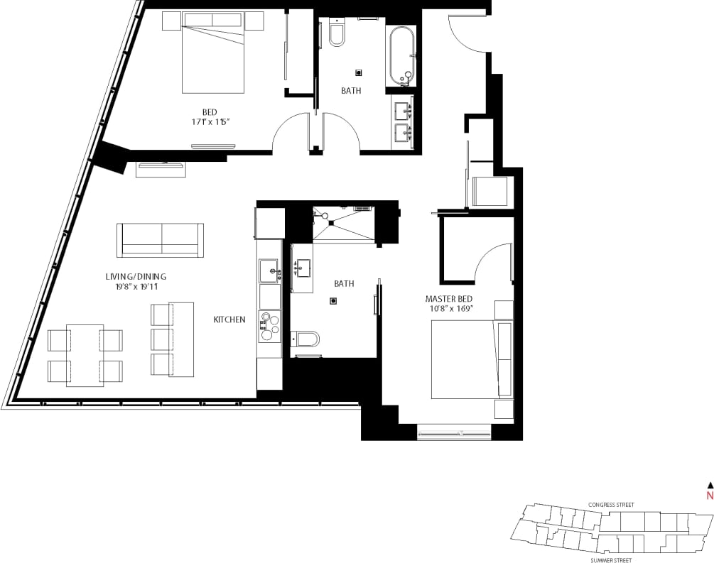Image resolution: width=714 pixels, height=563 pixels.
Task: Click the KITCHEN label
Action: [229, 319]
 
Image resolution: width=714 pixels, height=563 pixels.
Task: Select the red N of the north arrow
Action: [708, 496]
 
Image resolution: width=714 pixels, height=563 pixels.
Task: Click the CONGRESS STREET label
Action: [611, 505]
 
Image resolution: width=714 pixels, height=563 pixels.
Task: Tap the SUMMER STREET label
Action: [611, 560]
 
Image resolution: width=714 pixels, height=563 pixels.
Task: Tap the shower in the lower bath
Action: [343, 224]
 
